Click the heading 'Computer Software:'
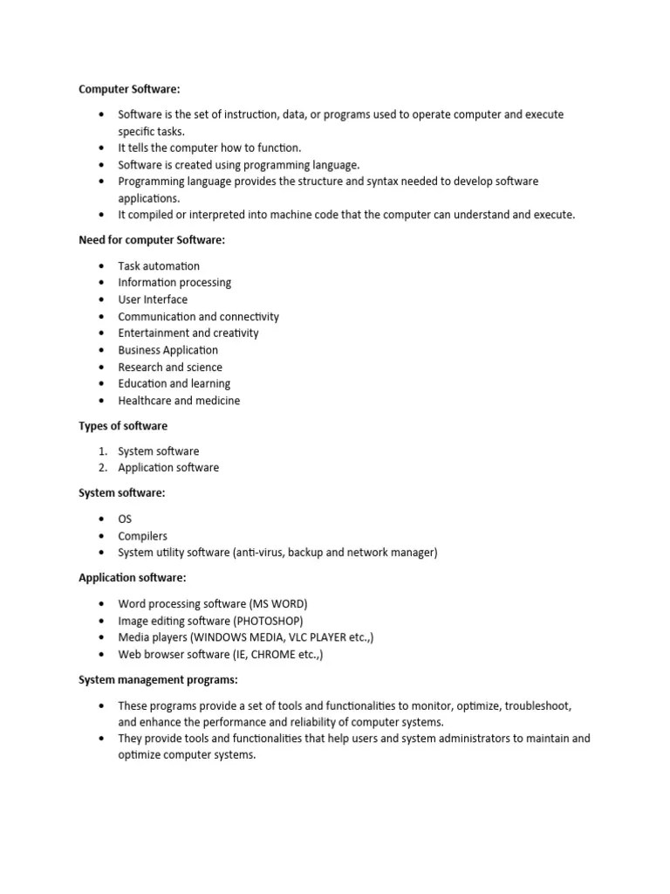129,89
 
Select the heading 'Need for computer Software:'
152,240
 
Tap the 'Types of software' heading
123,426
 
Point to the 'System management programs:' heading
158,679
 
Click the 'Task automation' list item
159,266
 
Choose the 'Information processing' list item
174,283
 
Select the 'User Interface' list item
153,299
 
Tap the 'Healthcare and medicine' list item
179,401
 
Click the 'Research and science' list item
170,368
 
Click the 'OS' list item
125,519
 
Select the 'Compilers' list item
142,536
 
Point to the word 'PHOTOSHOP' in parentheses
268,621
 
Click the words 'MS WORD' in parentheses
278,604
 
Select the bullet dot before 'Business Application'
101,350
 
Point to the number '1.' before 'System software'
102,451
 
